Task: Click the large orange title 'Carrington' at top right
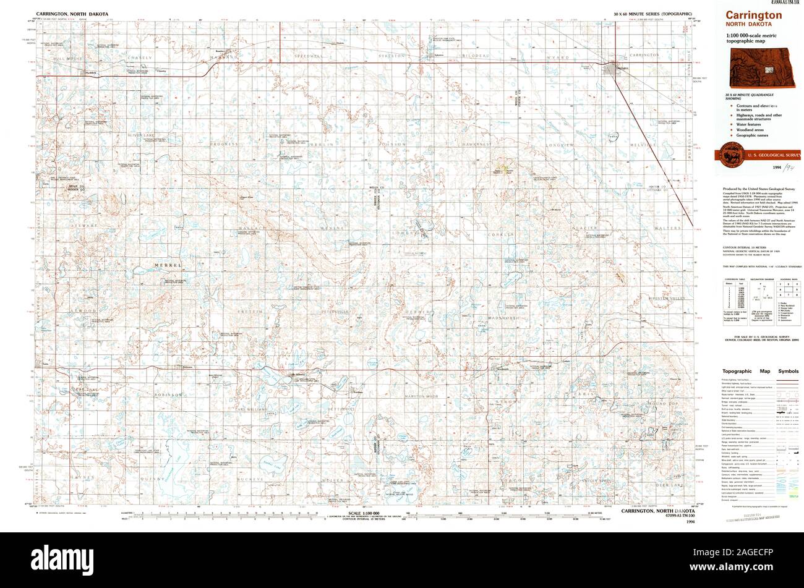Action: pos(745,15)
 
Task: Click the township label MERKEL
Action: pos(168,265)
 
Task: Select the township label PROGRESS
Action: pos(224,144)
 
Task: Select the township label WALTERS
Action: pos(667,228)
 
